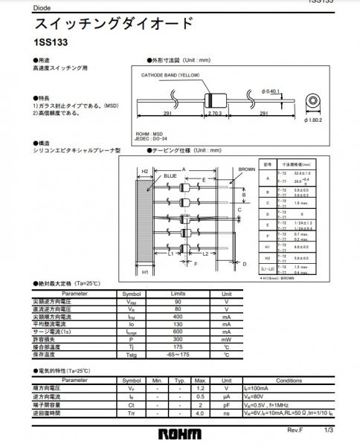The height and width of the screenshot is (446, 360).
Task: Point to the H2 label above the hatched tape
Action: point(146,170)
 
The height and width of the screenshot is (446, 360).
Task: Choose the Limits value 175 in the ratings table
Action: point(177,346)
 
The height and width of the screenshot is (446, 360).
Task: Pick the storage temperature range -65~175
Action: point(177,354)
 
